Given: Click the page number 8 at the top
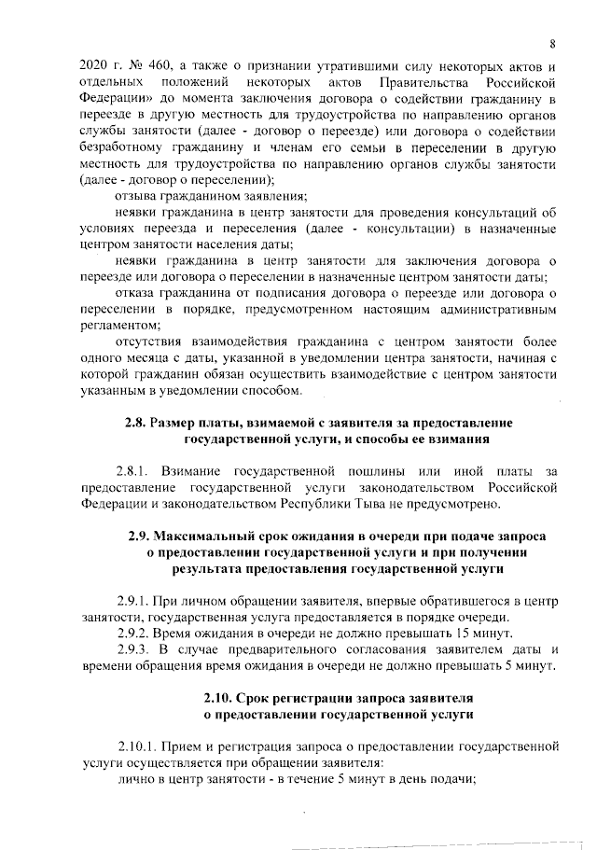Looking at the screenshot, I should [552, 44].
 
